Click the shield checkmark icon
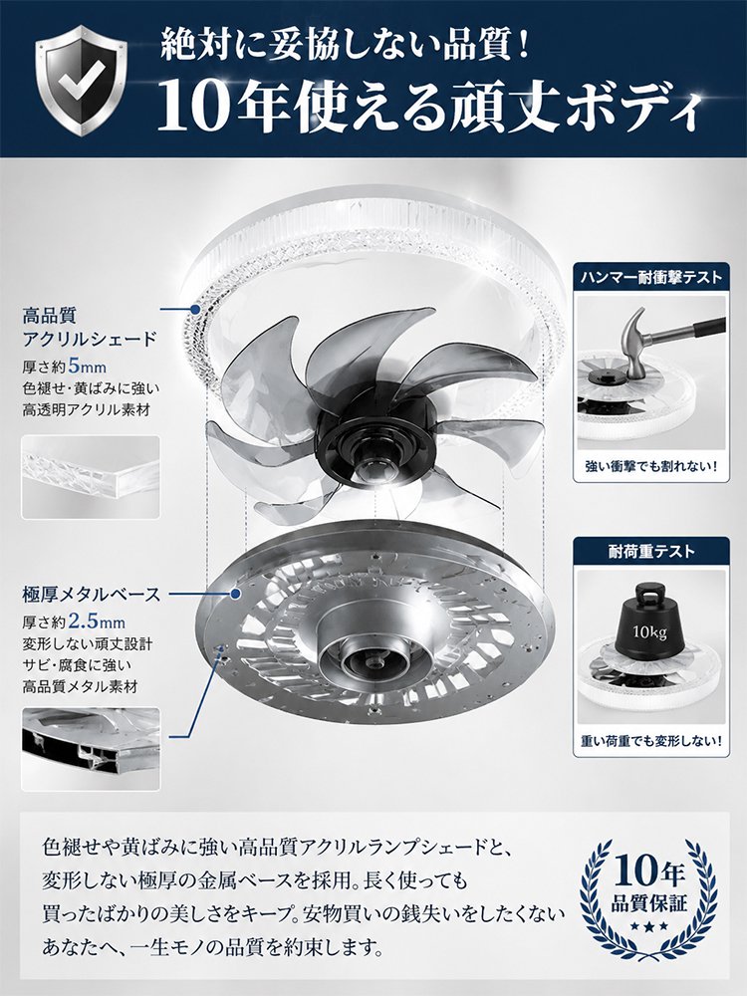[82, 81]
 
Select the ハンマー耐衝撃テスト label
[651, 278]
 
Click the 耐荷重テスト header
[651, 552]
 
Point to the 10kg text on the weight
[649, 632]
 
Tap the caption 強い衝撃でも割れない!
[651, 467]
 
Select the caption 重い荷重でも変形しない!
[651, 741]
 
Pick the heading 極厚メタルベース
[92, 595]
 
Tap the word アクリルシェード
[90, 339]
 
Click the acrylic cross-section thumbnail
[91, 477]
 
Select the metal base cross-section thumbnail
[91, 750]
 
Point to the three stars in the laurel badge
[649, 926]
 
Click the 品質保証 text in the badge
[649, 902]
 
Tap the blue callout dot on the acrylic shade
[195, 310]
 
